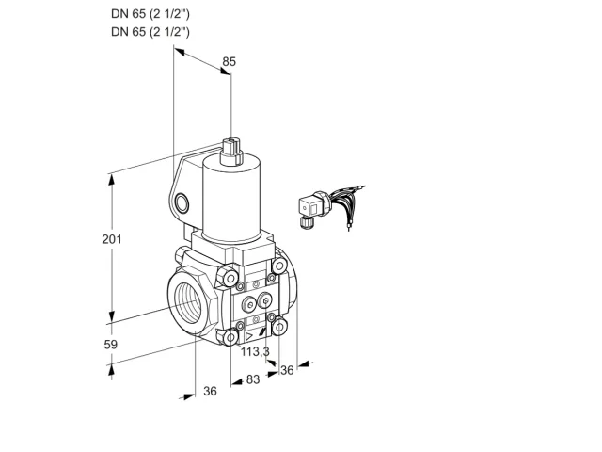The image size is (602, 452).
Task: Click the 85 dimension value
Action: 230,61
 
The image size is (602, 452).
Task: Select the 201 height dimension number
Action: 112,239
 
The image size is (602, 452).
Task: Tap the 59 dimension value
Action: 111,345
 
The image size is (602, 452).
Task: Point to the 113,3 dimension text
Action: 255,351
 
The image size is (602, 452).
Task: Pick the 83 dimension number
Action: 253,379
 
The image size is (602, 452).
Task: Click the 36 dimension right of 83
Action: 287,370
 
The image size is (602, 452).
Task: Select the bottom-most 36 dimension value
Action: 210,391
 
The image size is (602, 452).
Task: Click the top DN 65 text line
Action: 150,14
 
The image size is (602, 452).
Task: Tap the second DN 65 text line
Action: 150,31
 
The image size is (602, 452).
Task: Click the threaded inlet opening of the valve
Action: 189,303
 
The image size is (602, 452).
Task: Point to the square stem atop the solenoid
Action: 232,149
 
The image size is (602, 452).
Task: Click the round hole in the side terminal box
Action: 182,203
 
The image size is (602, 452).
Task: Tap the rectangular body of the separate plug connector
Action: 310,207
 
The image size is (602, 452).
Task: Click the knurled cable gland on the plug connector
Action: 306,222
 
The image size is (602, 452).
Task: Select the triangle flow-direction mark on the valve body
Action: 249,337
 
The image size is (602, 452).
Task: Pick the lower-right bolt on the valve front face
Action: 279,327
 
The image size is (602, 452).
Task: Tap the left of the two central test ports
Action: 249,305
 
